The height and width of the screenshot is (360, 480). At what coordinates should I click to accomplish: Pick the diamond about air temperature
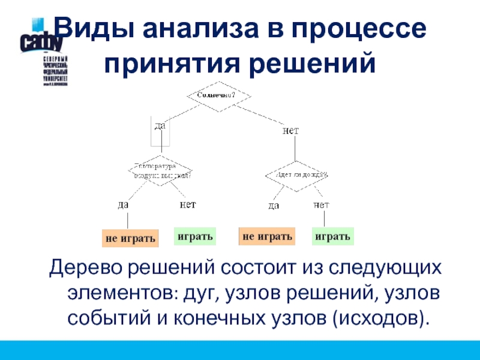click(x=160, y=171)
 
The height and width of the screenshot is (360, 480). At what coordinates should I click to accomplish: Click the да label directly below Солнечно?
click(x=160, y=125)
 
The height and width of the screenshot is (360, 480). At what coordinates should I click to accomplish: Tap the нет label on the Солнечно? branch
click(x=290, y=130)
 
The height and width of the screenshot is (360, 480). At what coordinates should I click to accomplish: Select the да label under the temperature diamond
click(x=123, y=205)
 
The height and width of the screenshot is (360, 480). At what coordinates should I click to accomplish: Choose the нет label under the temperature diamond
click(x=188, y=205)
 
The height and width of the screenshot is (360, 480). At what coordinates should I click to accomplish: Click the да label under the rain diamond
click(x=274, y=205)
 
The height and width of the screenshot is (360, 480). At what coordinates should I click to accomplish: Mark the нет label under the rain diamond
click(x=321, y=205)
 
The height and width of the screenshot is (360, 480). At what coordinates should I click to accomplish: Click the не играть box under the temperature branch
click(x=130, y=238)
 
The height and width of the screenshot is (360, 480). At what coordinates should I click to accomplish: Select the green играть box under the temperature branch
click(x=194, y=236)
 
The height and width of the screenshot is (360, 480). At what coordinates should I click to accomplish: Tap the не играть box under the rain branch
click(x=267, y=236)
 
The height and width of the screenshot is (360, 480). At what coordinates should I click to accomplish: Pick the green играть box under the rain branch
click(x=332, y=236)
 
